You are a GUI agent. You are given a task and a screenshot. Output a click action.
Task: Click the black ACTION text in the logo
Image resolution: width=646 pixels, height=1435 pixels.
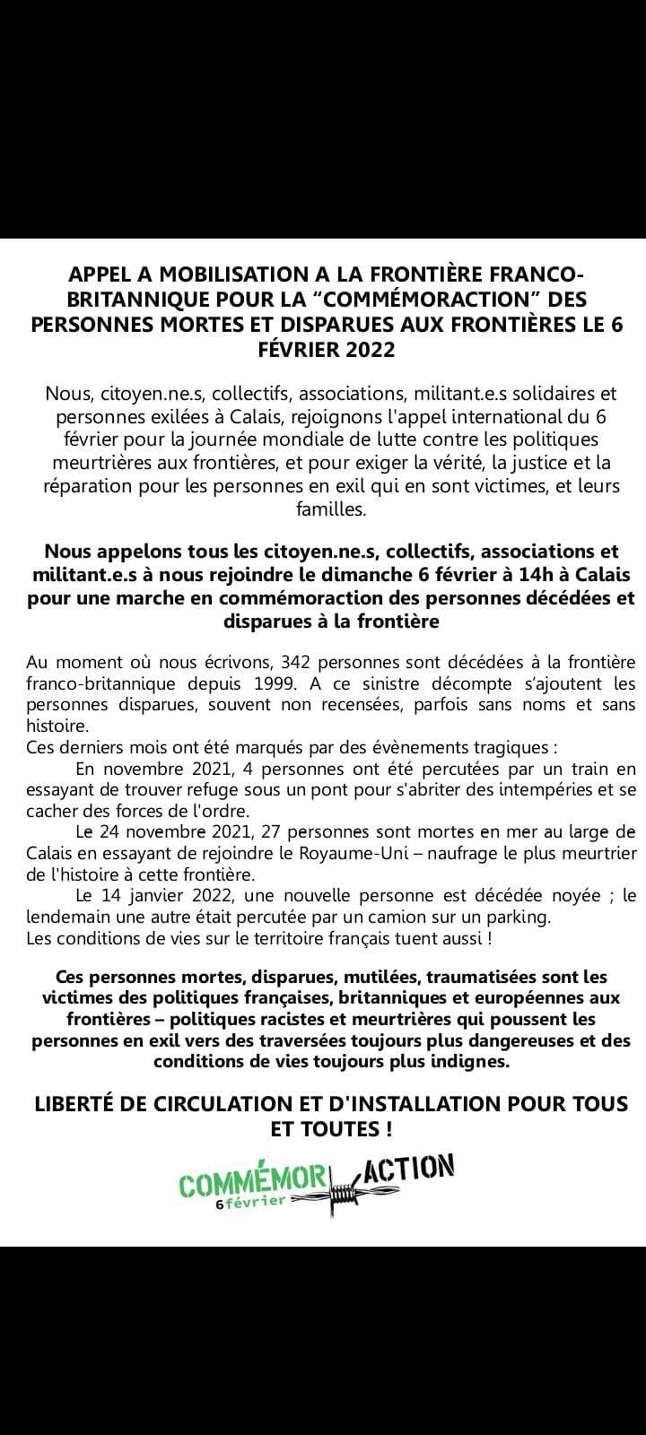click(x=410, y=1169)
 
